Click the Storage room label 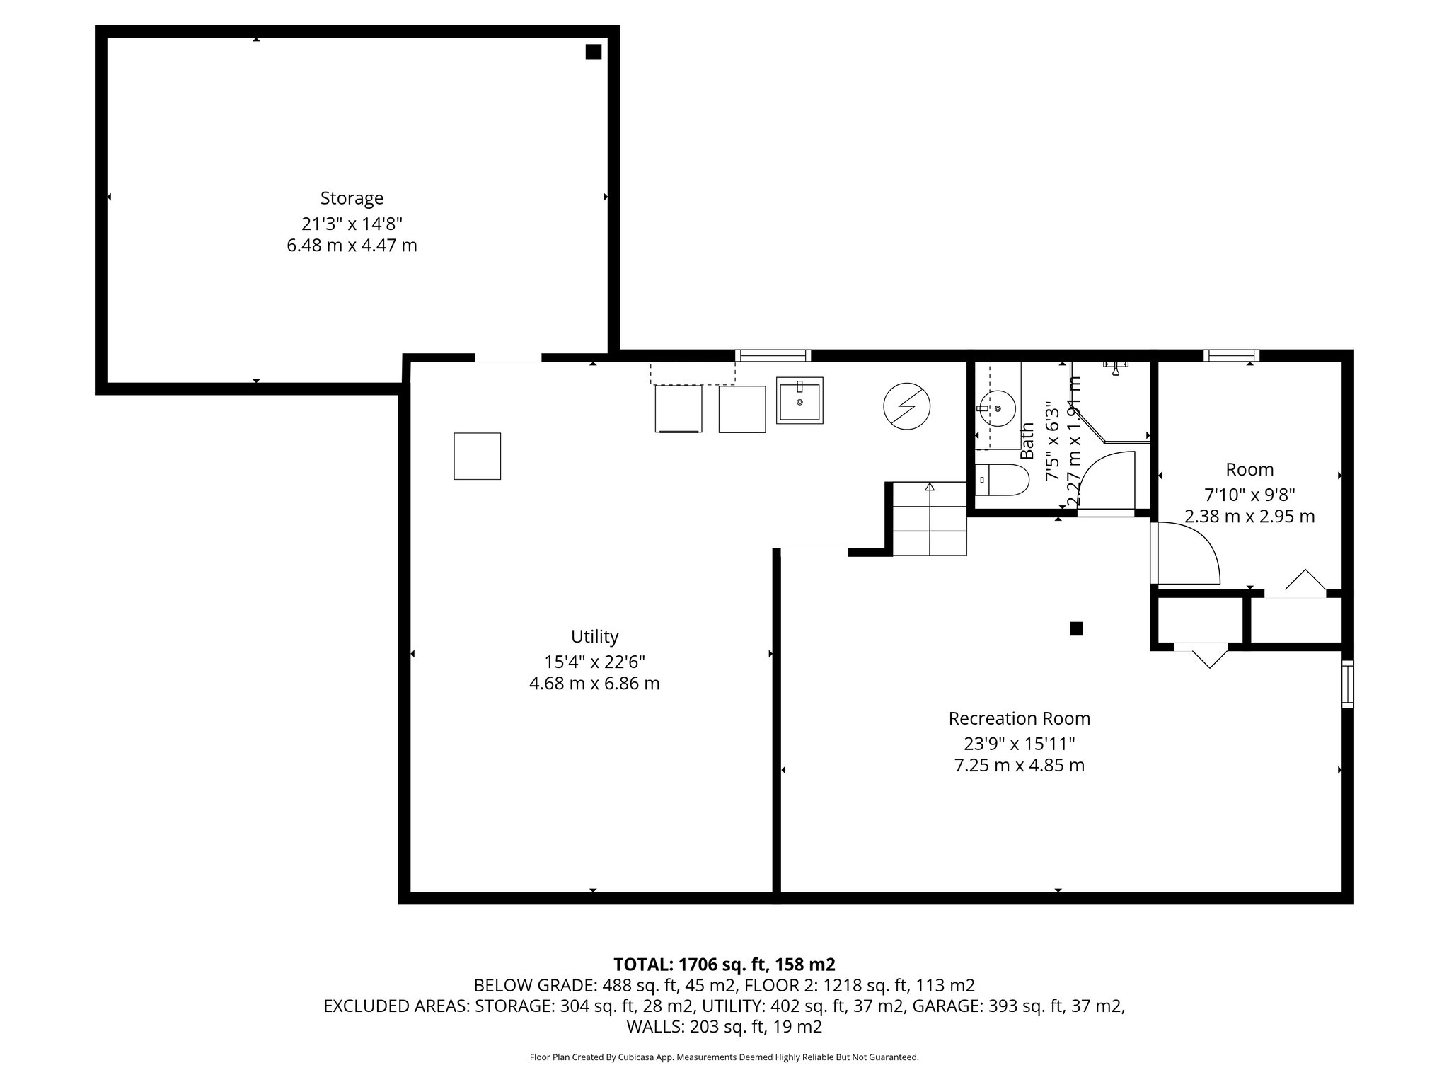click(x=352, y=198)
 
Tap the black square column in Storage click(x=593, y=52)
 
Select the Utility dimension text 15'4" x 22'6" click(x=594, y=662)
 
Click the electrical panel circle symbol click(x=906, y=408)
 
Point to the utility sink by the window click(x=799, y=401)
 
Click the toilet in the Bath click(x=1000, y=481)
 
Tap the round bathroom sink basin click(x=999, y=408)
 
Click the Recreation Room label click(x=1019, y=718)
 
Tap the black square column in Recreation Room click(x=1076, y=628)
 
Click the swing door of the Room click(x=1185, y=554)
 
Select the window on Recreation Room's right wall click(x=1348, y=684)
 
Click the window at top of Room click(x=1232, y=355)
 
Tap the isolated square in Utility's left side click(x=477, y=456)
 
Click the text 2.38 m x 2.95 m click(x=1249, y=517)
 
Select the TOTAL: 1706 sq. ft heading click(x=724, y=965)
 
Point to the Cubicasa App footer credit click(x=724, y=1057)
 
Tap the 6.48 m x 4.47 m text click(x=352, y=246)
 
